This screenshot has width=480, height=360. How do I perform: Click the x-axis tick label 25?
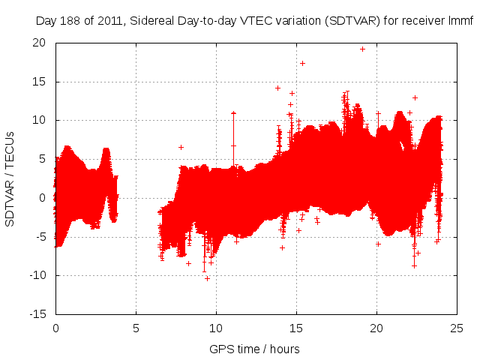coord(457,328)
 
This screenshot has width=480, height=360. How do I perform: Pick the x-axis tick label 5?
coord(136,328)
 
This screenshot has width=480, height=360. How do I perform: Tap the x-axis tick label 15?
coord(296,328)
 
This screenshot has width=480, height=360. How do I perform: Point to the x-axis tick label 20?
coord(376,328)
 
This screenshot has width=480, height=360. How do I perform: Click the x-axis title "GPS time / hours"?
coord(254,349)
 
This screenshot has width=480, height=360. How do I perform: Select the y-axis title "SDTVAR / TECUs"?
coord(10,178)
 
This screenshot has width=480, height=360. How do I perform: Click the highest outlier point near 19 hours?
coord(362,49)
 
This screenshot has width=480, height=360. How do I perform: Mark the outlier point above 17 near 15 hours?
coord(302,63)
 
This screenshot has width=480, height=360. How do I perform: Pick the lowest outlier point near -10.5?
coord(207,278)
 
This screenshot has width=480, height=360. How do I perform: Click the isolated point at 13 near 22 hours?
coord(415,97)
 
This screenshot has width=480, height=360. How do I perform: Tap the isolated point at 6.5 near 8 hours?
coord(181,147)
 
